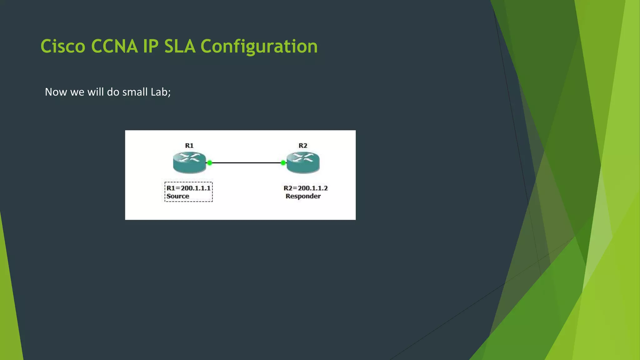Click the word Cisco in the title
(63, 46)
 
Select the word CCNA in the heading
(114, 46)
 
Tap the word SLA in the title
(180, 46)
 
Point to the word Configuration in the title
(259, 46)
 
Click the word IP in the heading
(151, 46)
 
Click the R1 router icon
(189, 162)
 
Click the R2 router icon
(303, 162)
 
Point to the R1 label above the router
(189, 146)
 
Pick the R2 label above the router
(303, 146)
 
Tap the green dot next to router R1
(210, 163)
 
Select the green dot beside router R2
(283, 163)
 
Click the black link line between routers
(246, 163)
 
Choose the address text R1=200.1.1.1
(188, 188)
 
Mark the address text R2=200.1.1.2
(305, 188)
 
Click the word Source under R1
(177, 196)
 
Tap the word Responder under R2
(303, 196)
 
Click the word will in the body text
(95, 92)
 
